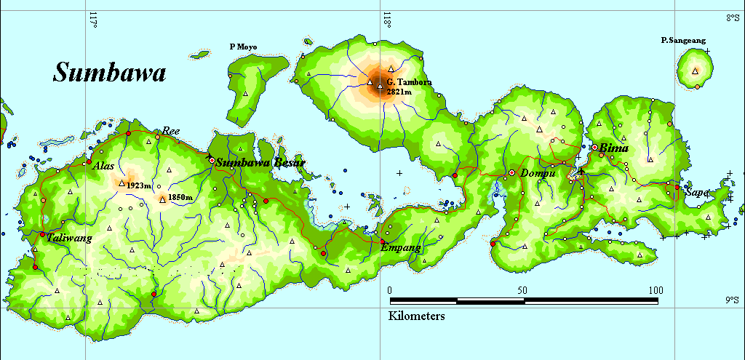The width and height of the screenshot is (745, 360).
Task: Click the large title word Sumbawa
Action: (x=110, y=73)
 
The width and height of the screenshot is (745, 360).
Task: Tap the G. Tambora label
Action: (x=409, y=82)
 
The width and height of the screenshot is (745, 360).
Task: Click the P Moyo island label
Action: (x=243, y=47)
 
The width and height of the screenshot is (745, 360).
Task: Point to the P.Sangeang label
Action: (x=683, y=41)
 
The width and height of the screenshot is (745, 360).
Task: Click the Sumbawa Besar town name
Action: (x=260, y=162)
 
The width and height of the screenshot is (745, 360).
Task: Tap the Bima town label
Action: (x=614, y=148)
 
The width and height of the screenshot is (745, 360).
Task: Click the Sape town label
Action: (x=696, y=193)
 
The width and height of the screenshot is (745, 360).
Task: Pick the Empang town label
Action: (x=401, y=248)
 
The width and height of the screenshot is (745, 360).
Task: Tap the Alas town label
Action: (x=104, y=166)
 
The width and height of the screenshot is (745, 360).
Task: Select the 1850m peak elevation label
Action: (x=180, y=197)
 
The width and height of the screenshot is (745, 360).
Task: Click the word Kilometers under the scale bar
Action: (x=417, y=316)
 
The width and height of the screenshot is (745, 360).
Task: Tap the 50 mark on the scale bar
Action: (x=522, y=290)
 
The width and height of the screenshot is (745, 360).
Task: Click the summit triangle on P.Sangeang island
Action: (x=696, y=71)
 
